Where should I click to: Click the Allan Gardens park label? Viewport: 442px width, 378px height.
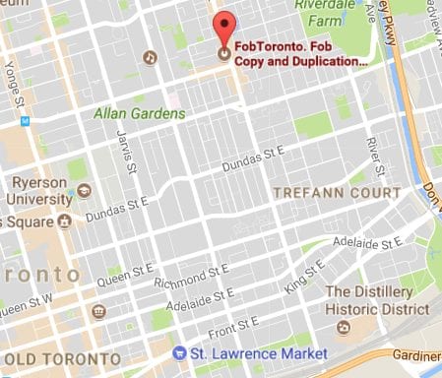point(139,114)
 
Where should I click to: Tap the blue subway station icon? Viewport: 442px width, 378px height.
point(26,121)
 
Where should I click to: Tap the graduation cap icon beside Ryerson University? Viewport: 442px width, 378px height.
point(85,189)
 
